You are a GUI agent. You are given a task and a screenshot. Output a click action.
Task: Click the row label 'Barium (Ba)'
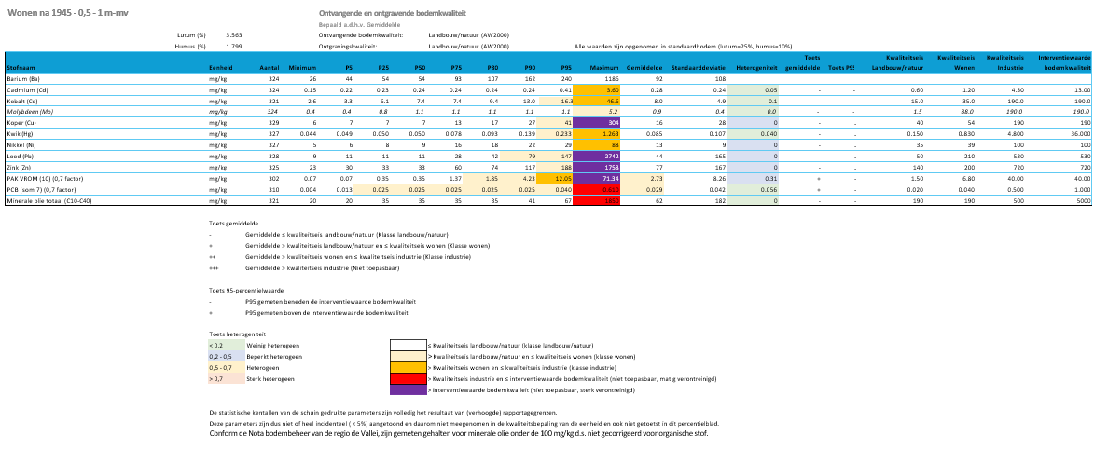(x=24, y=79)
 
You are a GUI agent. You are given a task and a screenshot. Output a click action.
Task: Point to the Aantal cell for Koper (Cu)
(x=273, y=121)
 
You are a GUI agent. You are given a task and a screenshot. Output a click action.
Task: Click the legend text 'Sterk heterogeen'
(x=267, y=379)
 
